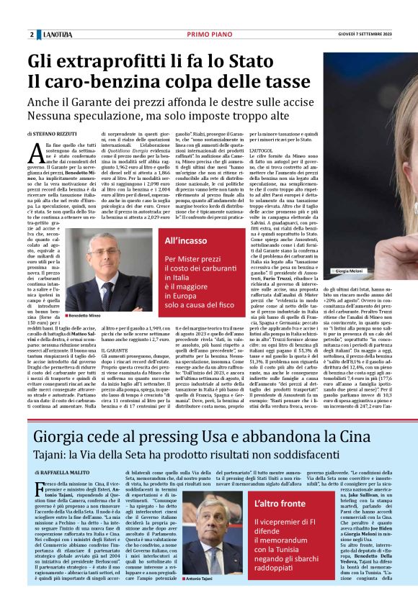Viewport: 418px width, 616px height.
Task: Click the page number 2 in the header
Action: pyautogui.click(x=32, y=35)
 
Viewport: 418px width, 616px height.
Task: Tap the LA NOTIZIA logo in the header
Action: pyautogui.click(x=55, y=35)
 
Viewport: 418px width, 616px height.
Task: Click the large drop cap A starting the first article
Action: pyautogui.click(x=42, y=153)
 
